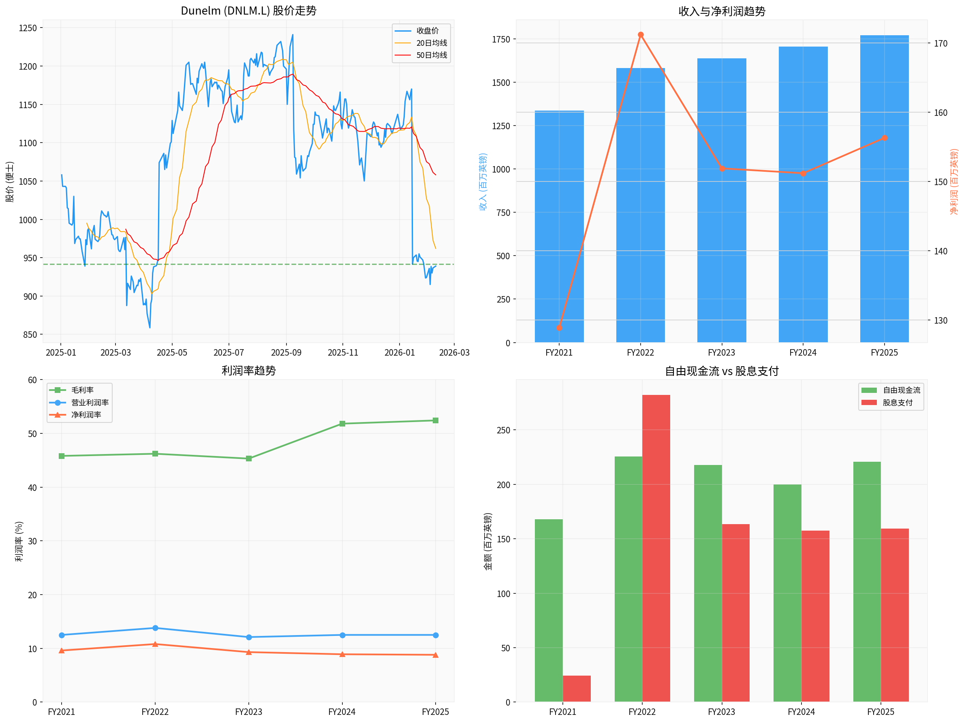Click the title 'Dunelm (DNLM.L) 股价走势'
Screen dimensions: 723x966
248,11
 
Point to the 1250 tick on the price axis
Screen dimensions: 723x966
28,28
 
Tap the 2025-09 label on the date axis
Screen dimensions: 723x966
286,352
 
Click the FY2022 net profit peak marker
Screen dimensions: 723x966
640,35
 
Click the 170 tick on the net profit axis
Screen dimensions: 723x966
940,43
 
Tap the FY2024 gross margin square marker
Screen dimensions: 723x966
342,424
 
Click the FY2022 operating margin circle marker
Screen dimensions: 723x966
155,628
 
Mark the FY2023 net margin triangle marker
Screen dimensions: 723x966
248,652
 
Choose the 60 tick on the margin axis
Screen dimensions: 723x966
32,380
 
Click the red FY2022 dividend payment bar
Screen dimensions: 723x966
656,548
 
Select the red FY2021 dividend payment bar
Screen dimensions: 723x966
577,689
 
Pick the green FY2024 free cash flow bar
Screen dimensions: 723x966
787,593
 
